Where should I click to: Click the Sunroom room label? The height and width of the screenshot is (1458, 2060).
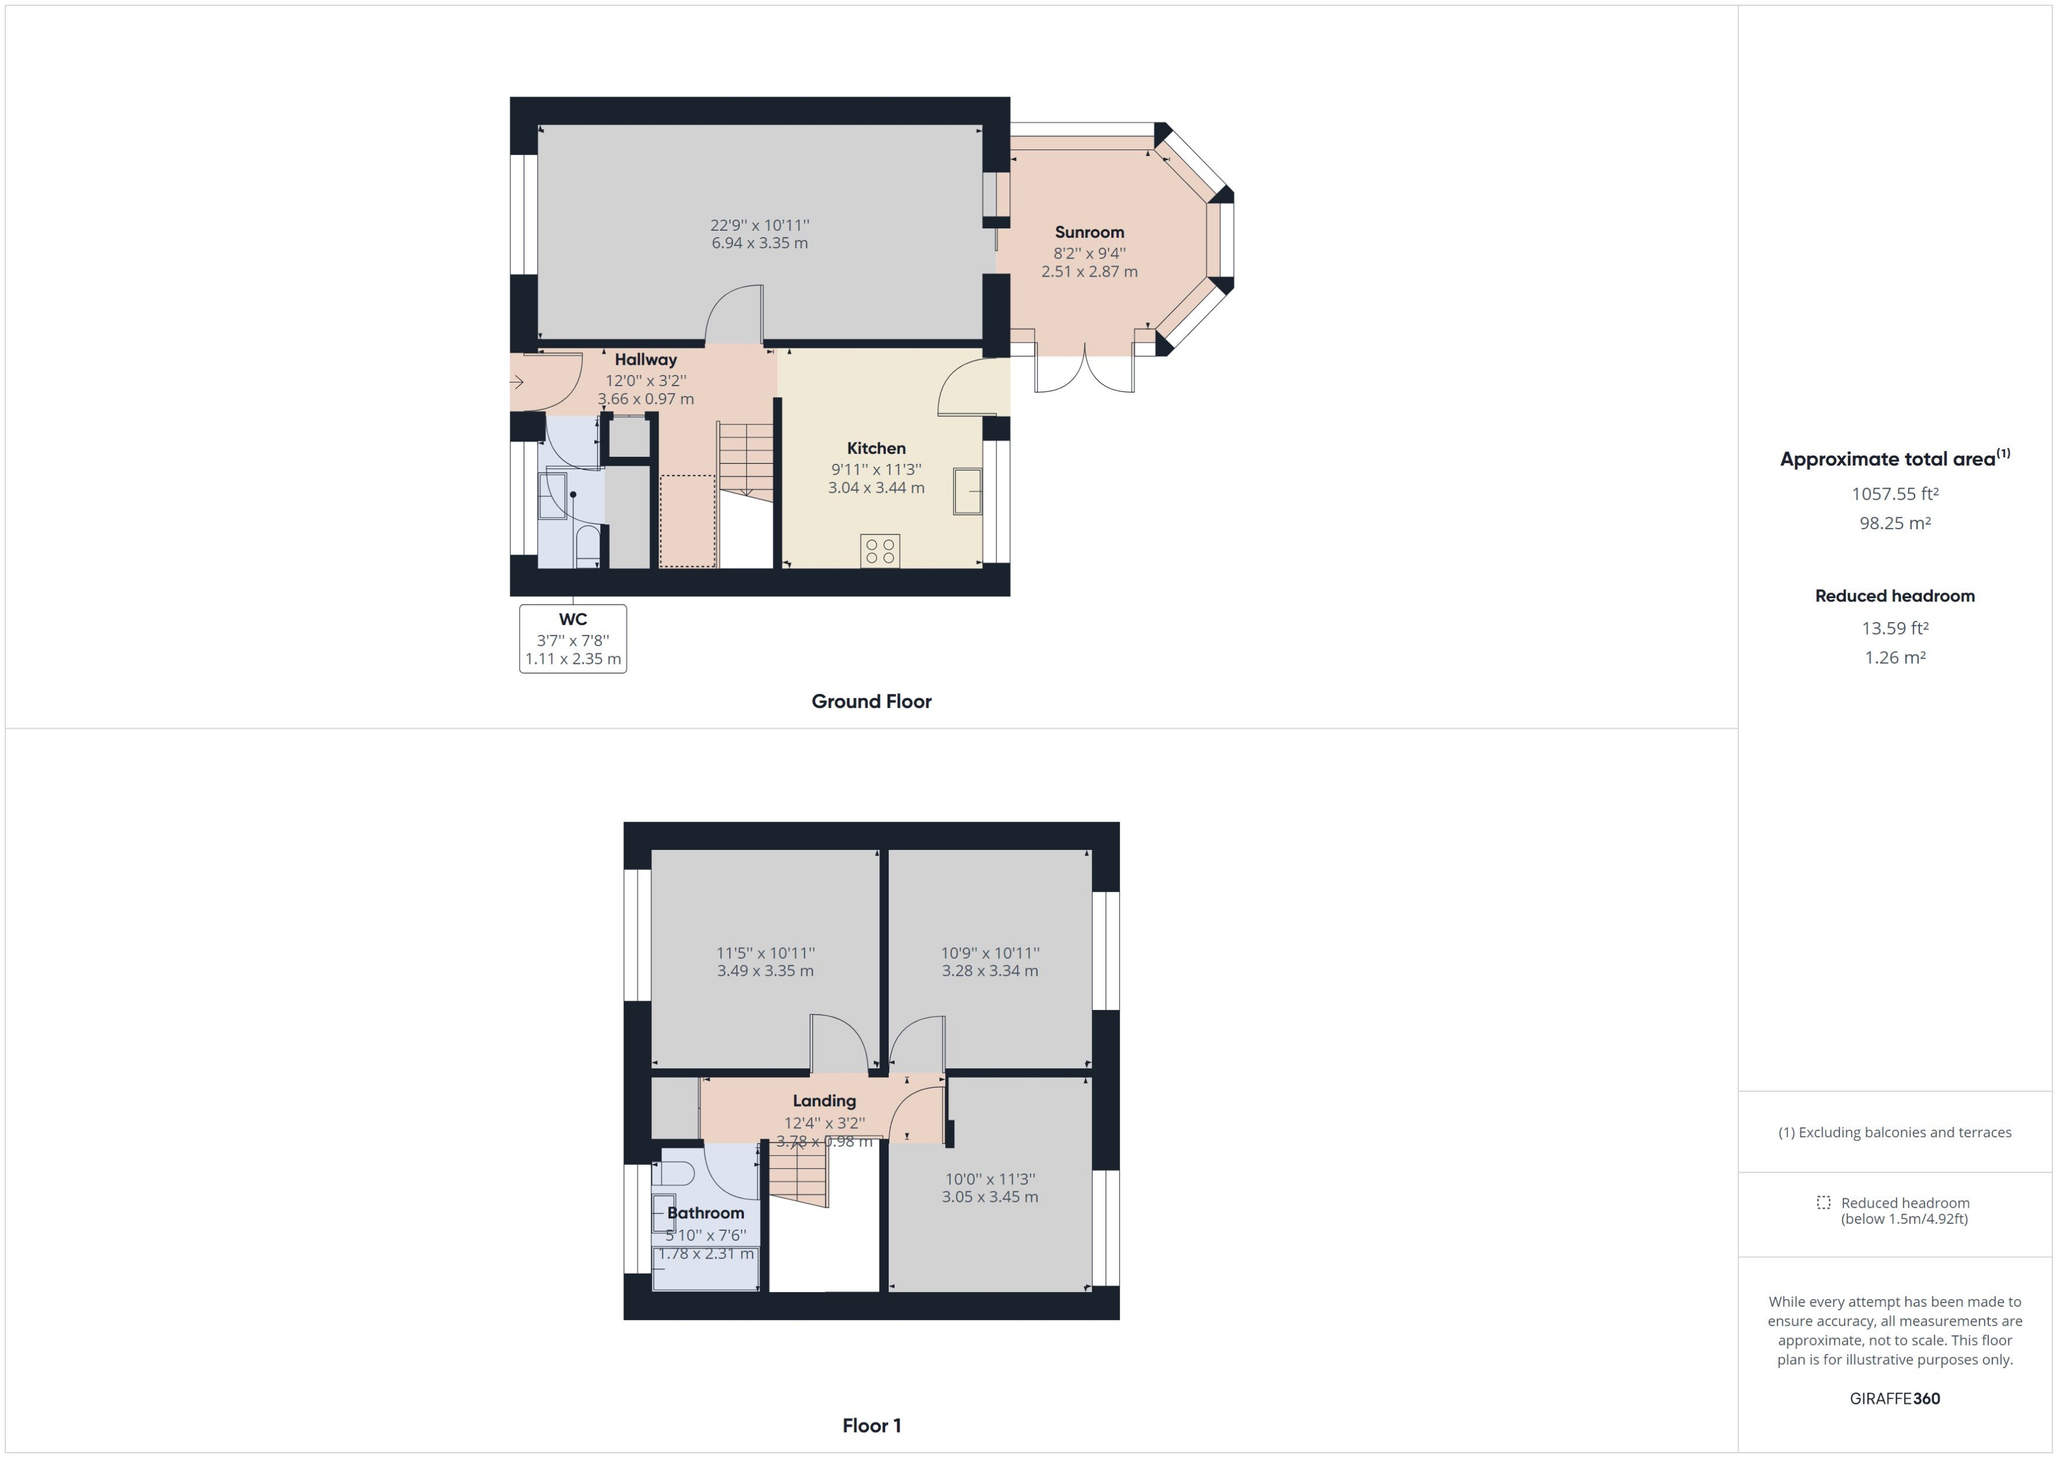[x=1089, y=233]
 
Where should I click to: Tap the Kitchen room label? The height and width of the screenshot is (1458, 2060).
[x=876, y=448]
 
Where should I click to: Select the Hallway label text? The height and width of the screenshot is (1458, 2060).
[x=646, y=359]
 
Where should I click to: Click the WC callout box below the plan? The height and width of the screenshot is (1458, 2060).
[x=573, y=638]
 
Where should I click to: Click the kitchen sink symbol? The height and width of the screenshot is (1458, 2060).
[x=968, y=491]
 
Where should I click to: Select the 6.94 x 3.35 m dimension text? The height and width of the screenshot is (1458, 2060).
[x=759, y=243]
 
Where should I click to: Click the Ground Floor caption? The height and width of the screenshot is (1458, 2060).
[x=870, y=701]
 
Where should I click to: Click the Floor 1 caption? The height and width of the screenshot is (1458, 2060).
[x=870, y=1426]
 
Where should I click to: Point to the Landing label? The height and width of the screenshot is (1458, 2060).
[x=824, y=1101]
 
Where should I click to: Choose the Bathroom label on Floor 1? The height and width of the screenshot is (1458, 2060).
[x=706, y=1213]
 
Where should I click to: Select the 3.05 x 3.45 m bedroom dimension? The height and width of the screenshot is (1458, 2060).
[x=989, y=1197]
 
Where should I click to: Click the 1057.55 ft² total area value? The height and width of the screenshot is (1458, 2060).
[x=1894, y=494]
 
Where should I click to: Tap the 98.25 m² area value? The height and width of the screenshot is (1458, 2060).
[x=1894, y=523]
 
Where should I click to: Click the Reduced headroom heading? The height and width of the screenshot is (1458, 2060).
[x=1894, y=596]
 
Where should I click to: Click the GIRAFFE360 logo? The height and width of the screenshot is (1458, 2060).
[x=1894, y=1399]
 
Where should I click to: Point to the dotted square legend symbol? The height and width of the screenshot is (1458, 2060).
[x=1823, y=1202]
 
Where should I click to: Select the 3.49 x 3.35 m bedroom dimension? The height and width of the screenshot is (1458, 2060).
[x=765, y=971]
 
